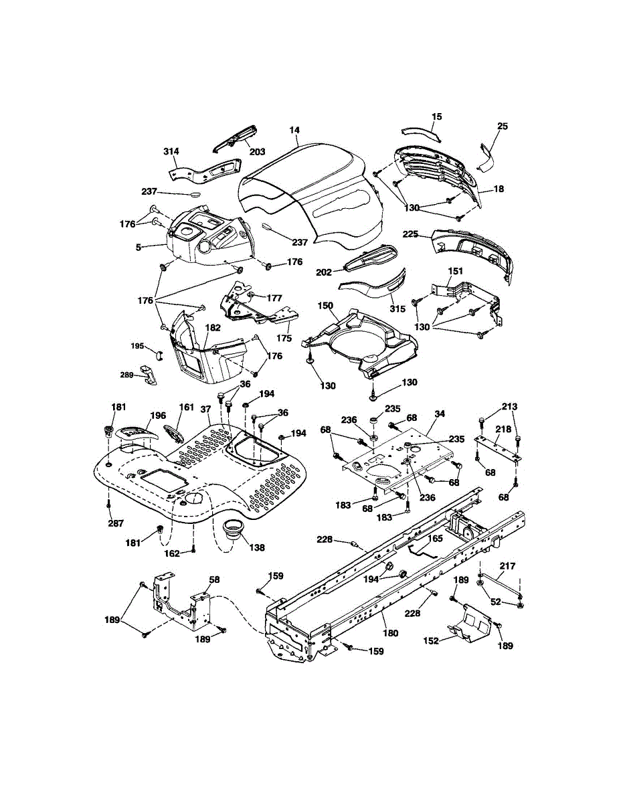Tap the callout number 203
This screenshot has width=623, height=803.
[258, 151]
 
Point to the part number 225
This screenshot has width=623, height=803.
[410, 234]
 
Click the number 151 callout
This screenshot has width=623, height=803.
[455, 271]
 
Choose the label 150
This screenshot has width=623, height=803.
[325, 306]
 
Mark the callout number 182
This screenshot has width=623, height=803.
[213, 328]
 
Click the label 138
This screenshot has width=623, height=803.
[256, 547]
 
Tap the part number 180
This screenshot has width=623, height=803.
[389, 632]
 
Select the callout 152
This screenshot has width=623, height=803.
[431, 640]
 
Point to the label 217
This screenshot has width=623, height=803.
[508, 566]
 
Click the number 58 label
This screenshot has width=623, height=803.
[214, 579]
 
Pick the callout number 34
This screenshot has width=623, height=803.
[439, 415]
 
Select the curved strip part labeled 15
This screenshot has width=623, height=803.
[422, 130]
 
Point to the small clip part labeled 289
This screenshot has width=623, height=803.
[149, 376]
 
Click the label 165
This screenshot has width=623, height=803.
[435, 537]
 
